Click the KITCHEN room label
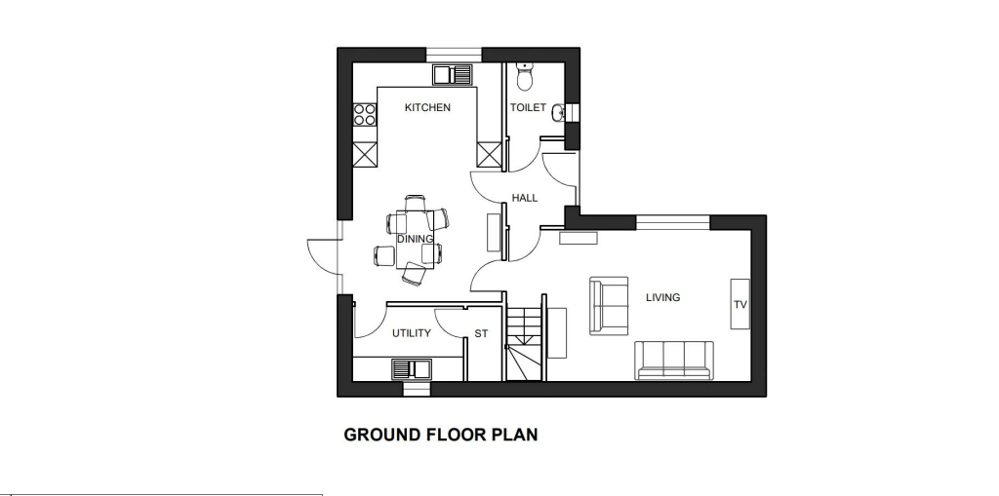pos(427,107)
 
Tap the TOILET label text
pos(528,107)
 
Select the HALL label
pos(525,198)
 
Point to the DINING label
pos(415,239)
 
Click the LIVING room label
pos(662,297)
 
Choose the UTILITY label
pos(412,333)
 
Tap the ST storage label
pos(481,333)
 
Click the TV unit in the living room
pos(740,305)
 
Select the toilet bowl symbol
pos(525,74)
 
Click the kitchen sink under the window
pos(453,74)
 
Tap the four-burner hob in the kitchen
pos(365,115)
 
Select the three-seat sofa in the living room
pos(674,360)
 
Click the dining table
pos(415,240)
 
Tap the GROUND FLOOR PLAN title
pos(441,435)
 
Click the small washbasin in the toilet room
pos(558,113)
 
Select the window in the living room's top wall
pos(673,222)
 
